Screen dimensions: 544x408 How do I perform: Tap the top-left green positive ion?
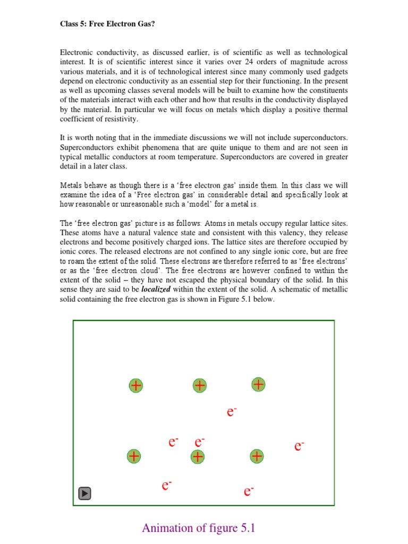click(136, 386)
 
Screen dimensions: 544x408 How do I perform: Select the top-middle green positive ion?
click(199, 386)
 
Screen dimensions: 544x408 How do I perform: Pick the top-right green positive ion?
click(258, 384)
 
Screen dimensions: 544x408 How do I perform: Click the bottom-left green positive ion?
click(134, 456)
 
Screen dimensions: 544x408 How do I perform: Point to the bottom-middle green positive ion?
click(198, 456)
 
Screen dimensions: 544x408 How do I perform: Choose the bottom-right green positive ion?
click(257, 456)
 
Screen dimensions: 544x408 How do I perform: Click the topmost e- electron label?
click(231, 412)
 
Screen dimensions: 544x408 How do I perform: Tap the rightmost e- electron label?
click(299, 446)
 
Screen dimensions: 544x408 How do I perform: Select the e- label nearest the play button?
click(167, 485)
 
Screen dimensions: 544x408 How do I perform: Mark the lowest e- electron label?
click(248, 491)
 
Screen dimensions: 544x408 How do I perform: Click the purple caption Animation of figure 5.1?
click(199, 528)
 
